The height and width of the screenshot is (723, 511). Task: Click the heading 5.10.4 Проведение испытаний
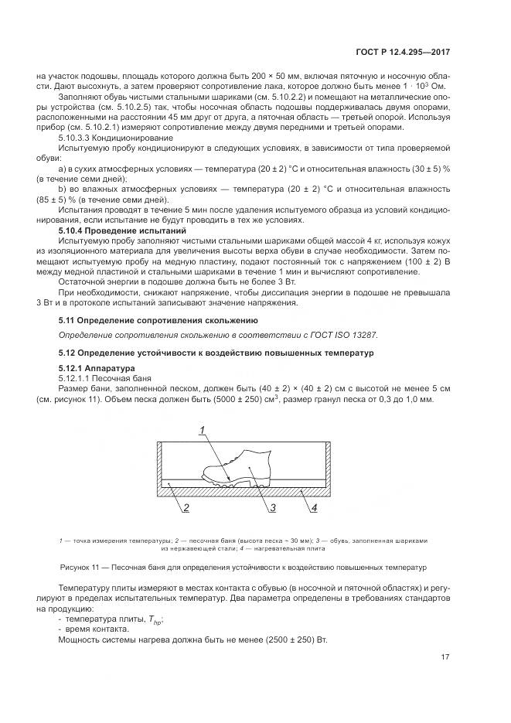click(x=123, y=230)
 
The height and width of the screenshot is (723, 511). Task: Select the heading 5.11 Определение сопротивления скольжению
click(x=158, y=319)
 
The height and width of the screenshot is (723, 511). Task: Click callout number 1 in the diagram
click(x=202, y=430)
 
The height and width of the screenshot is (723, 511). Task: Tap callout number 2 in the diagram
click(x=186, y=507)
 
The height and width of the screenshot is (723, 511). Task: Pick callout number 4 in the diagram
click(x=314, y=507)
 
